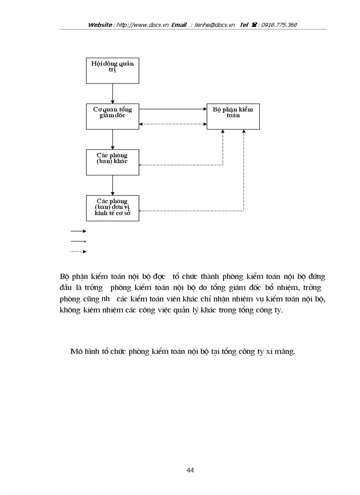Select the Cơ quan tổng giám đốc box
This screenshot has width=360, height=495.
coord(112,116)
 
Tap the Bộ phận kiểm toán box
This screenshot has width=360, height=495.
coord(233,116)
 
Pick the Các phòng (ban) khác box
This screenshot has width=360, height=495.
coord(112,162)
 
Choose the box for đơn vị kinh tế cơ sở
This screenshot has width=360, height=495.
coord(112,208)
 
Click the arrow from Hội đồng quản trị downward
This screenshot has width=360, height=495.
coord(112,93)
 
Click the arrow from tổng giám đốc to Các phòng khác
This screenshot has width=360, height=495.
coord(112,139)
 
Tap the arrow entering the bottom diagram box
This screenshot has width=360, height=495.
coord(112,185)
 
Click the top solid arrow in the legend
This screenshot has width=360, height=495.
coord(78,231)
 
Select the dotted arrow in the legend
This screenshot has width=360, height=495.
coord(78,252)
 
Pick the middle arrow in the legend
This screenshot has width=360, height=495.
coord(78,241)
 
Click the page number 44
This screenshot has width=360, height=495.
coord(190,470)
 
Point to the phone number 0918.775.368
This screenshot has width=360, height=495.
coord(279,25)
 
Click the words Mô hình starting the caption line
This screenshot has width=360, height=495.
coord(81,352)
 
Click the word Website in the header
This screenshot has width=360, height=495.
coord(101,25)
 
